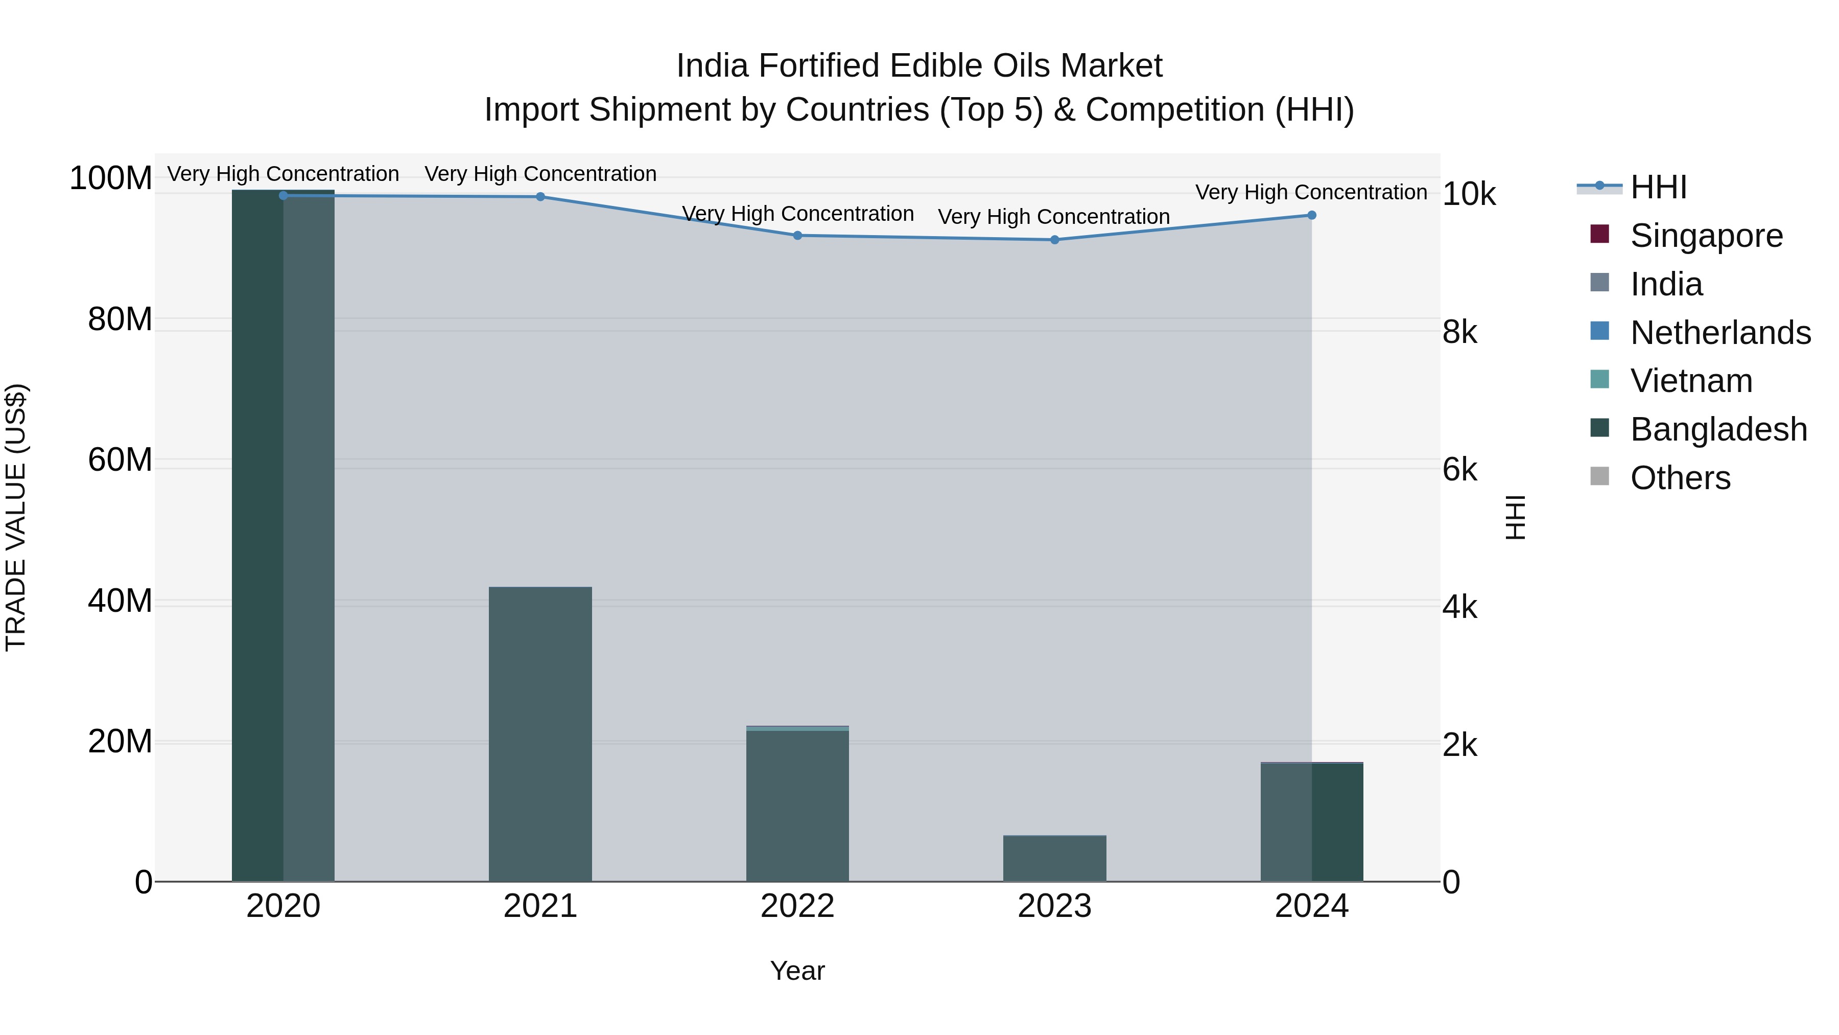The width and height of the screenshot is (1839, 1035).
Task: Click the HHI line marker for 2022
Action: [797, 236]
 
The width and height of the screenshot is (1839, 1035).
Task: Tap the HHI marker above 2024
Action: [1311, 215]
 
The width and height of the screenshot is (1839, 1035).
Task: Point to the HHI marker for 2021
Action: [540, 196]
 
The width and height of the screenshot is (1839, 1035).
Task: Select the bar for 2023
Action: [1054, 859]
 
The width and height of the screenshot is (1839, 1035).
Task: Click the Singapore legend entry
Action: [1706, 236]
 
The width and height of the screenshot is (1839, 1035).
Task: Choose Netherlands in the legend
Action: [1720, 333]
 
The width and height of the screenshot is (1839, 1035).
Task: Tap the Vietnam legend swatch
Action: [1600, 380]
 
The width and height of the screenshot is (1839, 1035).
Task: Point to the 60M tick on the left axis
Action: [120, 460]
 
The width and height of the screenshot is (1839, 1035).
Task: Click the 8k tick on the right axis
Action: [1459, 333]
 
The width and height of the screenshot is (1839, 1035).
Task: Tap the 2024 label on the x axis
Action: [1311, 906]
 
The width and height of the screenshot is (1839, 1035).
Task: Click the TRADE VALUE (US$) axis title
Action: [16, 517]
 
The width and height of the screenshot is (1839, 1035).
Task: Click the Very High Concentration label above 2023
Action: [1054, 216]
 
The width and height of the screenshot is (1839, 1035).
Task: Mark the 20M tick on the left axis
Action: [120, 742]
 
